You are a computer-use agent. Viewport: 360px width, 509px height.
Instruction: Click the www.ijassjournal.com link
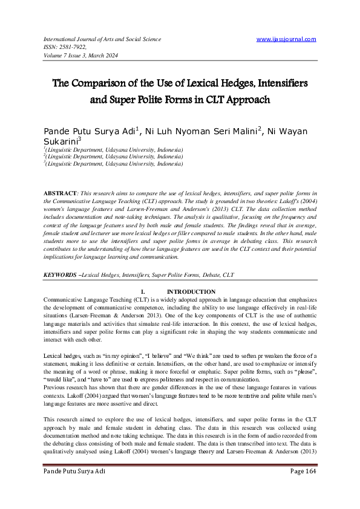tap(286, 39)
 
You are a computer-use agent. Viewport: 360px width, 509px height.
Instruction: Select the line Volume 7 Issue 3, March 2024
tap(80, 55)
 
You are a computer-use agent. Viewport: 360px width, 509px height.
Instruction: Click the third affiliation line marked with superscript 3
tap(114, 163)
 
